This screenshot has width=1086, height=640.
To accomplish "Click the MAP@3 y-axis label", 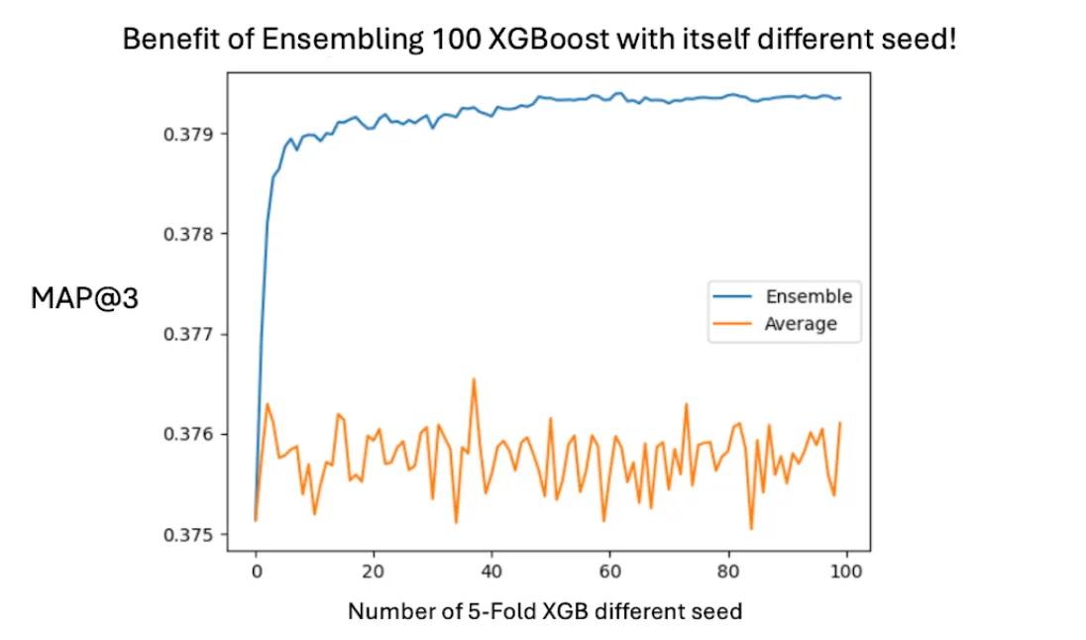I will tap(84, 298).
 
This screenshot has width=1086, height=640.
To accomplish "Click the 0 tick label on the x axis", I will tap(256, 572).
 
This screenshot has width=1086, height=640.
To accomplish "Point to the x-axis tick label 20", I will tap(374, 572).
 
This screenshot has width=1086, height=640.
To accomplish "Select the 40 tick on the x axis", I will tap(492, 572).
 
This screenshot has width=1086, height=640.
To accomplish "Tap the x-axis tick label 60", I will tap(610, 572).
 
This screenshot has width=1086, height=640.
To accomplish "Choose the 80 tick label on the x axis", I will tap(728, 572).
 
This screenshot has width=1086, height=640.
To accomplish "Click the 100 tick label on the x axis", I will tap(846, 572).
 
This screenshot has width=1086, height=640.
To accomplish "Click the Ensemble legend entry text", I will tap(809, 296).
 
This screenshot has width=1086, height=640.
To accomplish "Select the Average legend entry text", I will tap(801, 323).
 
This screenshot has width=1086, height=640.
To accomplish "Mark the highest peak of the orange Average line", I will tap(474, 378).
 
